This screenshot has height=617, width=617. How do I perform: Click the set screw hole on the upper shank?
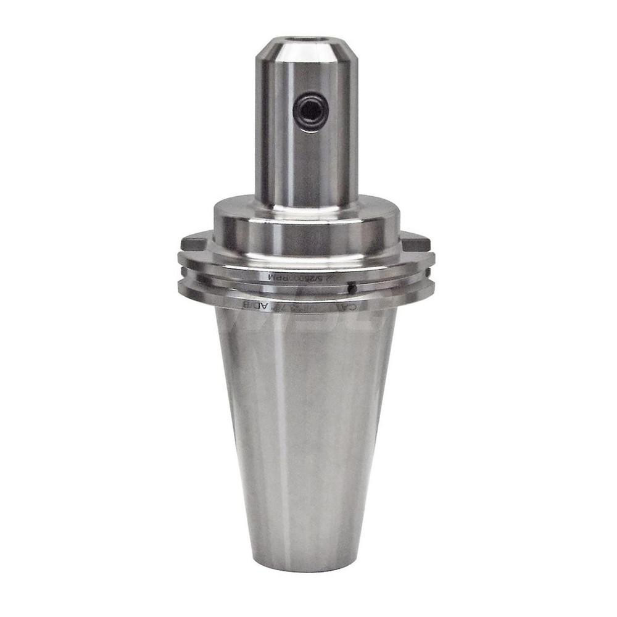[x=310, y=111]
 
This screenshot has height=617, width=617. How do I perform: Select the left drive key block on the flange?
[x=196, y=240]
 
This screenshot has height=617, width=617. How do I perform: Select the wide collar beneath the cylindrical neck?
[x=307, y=228]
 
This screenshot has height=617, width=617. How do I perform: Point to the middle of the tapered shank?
[x=307, y=432]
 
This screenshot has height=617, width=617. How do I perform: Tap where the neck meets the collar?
[x=307, y=205]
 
